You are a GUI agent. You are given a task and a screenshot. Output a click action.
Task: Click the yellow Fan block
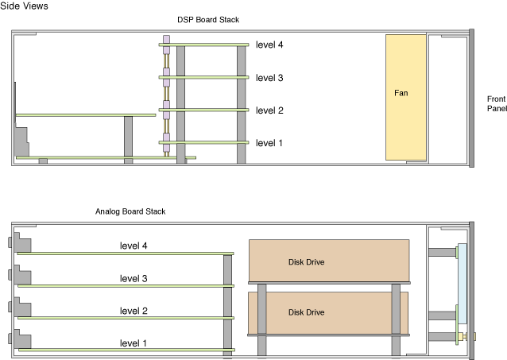tap(406, 97)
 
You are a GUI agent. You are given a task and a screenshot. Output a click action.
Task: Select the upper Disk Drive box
tap(329, 261)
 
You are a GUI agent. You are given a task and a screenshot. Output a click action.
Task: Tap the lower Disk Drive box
tap(328, 313)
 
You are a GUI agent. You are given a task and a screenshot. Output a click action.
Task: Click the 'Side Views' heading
tap(24, 6)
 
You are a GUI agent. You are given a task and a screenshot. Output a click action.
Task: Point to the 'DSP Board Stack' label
tap(208, 20)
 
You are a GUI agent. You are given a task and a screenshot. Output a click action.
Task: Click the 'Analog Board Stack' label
tap(130, 211)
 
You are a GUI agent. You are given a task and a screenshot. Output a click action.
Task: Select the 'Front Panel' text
tap(497, 103)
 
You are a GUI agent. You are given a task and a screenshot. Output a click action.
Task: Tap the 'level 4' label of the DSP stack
tap(269, 45)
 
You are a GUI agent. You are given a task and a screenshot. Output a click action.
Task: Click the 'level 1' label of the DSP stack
tap(269, 143)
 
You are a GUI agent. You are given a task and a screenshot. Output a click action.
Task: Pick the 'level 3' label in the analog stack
tap(134, 278)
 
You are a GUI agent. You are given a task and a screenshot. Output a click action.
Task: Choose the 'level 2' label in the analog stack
tap(134, 311)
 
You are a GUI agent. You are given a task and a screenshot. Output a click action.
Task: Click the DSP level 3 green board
tap(203, 77)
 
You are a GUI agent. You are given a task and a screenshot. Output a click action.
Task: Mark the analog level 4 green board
tap(126, 254)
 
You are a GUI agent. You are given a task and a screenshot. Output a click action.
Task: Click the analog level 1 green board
tap(127, 350)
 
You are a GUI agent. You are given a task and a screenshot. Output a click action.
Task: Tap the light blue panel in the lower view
tap(462, 284)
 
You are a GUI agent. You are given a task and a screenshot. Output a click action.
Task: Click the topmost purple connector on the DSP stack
tap(166, 39)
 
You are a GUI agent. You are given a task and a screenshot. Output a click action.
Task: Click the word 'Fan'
tap(401, 93)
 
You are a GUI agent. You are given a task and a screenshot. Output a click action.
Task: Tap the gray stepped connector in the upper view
tap(21, 142)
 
